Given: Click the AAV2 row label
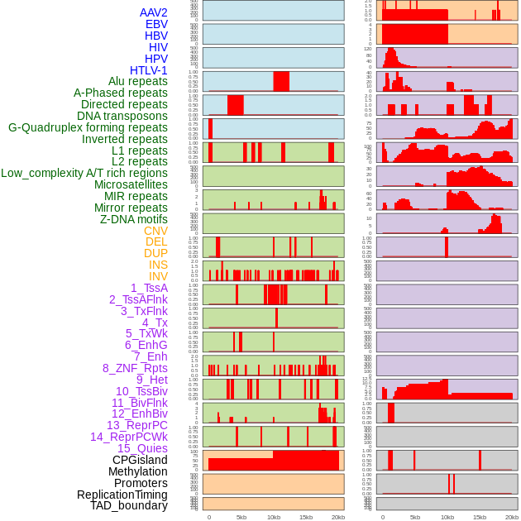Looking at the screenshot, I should point(153,12).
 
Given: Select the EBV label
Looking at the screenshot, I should point(156,24).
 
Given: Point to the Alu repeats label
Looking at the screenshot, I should point(137,81).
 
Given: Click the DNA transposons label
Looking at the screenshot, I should point(122,116).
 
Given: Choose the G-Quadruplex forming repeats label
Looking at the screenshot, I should point(88,127).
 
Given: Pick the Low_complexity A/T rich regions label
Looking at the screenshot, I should point(84,173).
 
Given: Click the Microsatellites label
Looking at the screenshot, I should point(131,184).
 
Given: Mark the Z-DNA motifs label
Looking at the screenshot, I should point(133,219).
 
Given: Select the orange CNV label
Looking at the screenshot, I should point(155,231).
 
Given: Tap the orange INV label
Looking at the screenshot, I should point(158,276).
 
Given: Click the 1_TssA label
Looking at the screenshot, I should point(149,288).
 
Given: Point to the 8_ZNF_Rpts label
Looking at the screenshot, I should point(135,368).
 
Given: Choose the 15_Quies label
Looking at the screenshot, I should point(142,448).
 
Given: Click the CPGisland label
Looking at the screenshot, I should point(140,460).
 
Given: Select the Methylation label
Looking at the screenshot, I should point(137,471).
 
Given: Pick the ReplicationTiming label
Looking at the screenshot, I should point(122,495).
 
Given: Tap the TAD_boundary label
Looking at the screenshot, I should point(128,505).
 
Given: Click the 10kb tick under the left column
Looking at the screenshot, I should point(274,517).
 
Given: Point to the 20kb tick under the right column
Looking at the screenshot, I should point(512,517).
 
